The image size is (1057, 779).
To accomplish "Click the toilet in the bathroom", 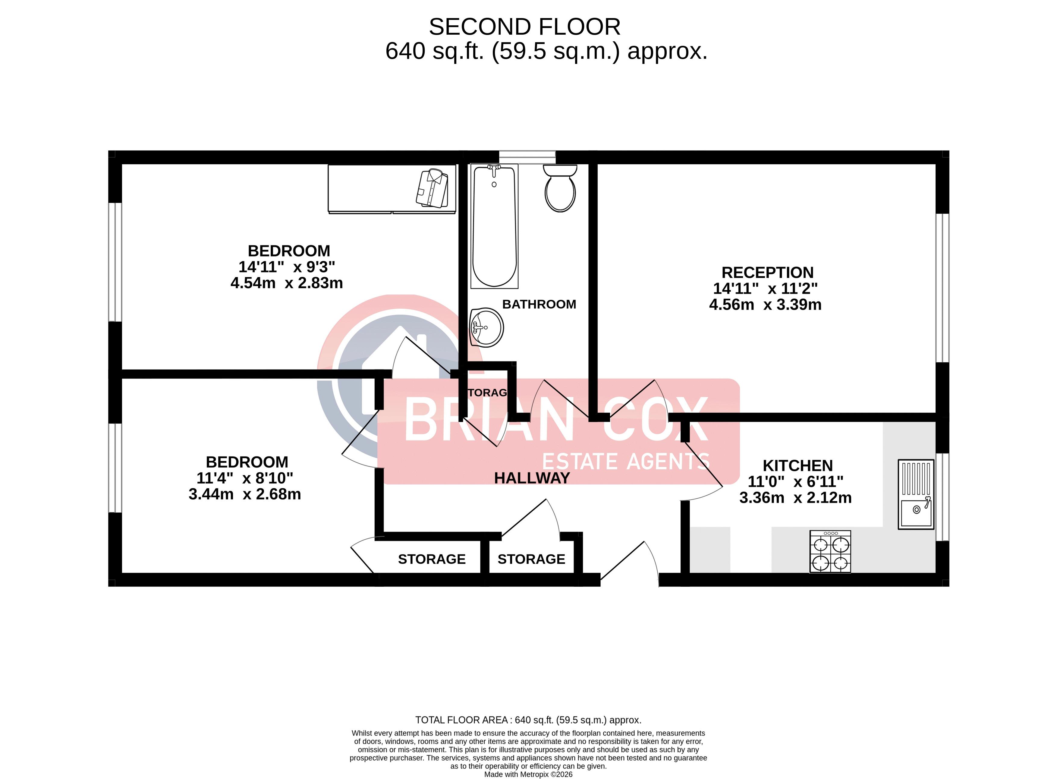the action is [560, 188].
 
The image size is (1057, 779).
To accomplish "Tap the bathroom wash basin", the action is [486, 327].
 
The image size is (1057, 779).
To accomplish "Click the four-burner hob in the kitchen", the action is [830, 551].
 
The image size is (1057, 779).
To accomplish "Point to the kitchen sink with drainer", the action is [916, 494].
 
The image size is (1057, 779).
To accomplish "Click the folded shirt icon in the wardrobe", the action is [432, 189].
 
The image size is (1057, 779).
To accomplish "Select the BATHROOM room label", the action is [539, 304].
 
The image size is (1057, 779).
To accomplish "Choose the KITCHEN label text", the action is [798, 465].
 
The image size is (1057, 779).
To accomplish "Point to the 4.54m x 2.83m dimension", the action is [287, 283].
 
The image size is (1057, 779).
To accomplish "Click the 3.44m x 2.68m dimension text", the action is [245, 494].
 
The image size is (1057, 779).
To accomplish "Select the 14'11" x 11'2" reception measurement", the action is [765, 289].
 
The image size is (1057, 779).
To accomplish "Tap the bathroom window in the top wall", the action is [527, 157].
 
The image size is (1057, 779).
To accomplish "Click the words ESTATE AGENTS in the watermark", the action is [626, 461].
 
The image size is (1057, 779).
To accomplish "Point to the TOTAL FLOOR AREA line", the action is [528, 720].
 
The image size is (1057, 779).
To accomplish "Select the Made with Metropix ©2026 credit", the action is [528, 774].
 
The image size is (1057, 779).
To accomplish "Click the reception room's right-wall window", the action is [942, 288].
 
